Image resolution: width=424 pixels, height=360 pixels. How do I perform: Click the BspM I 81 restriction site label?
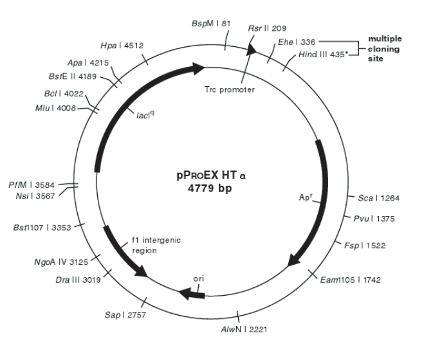[x=210, y=23]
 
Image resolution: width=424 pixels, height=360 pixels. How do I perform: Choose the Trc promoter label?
[x=230, y=89]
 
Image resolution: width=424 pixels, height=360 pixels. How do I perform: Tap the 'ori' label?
[x=199, y=280]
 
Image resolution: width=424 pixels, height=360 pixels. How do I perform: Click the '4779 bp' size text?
[x=212, y=189]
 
